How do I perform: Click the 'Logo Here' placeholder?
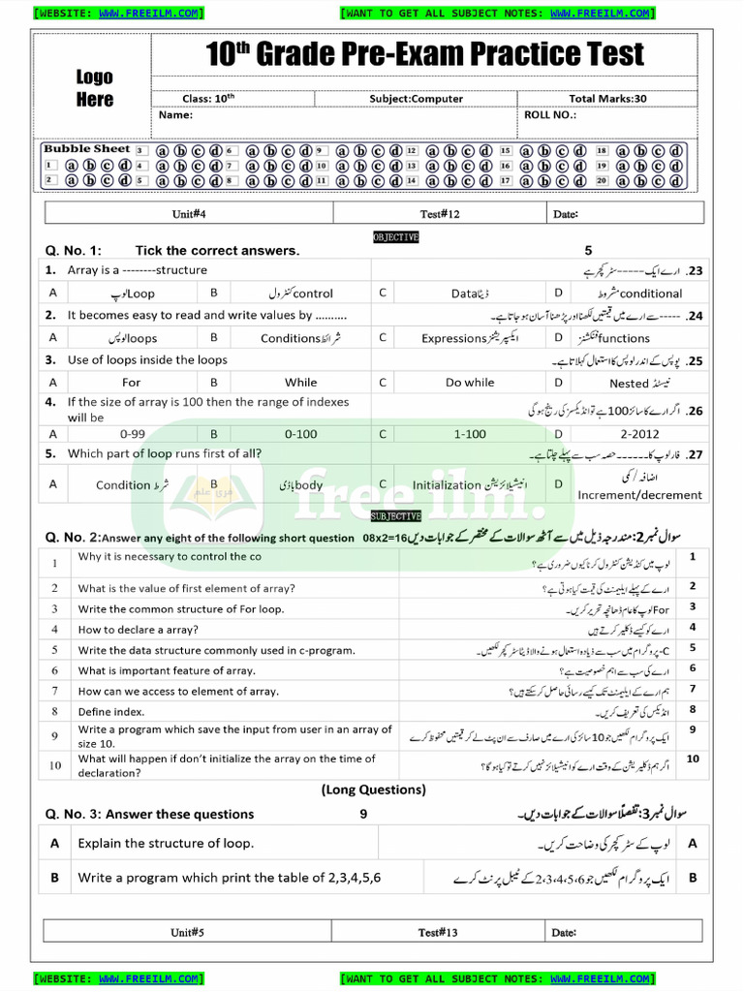pyautogui.click(x=95, y=88)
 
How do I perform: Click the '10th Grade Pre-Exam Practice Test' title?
pyautogui.click(x=424, y=55)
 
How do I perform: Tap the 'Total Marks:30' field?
pyautogui.click(x=607, y=99)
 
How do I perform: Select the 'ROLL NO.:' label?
pyautogui.click(x=550, y=114)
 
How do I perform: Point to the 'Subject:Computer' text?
pyautogui.click(x=416, y=99)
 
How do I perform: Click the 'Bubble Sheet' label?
pyautogui.click(x=87, y=149)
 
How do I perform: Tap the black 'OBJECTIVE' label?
pyautogui.click(x=396, y=237)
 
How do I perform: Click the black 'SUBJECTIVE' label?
pyautogui.click(x=394, y=517)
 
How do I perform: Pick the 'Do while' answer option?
pyautogui.click(x=470, y=383)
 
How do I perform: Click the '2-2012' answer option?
pyautogui.click(x=639, y=434)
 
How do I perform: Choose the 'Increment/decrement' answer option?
pyautogui.click(x=639, y=495)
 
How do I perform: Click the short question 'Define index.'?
pyautogui.click(x=111, y=712)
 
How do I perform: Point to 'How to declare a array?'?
pyautogui.click(x=139, y=630)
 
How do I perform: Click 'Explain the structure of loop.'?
pyautogui.click(x=166, y=844)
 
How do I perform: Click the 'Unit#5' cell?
pyautogui.click(x=188, y=933)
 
